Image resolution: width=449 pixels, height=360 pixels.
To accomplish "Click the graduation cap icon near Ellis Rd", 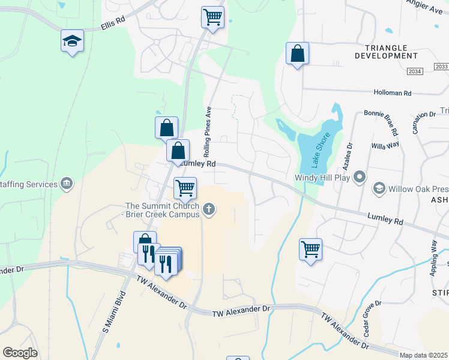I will (73, 41).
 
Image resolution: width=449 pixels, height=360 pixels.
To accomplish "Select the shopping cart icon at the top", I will (212, 17).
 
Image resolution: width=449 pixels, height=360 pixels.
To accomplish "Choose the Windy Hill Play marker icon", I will (360, 177).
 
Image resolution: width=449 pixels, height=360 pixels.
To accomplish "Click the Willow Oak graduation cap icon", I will (379, 189).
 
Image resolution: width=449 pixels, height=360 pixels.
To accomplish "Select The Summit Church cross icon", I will (209, 209).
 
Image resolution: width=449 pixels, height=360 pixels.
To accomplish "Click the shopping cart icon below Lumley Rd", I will (185, 188).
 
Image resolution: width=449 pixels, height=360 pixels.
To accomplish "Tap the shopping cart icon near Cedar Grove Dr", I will (310, 249).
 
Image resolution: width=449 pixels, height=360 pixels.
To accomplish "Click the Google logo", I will (20, 353).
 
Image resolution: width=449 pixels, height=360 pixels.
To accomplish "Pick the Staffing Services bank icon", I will (66, 184).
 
